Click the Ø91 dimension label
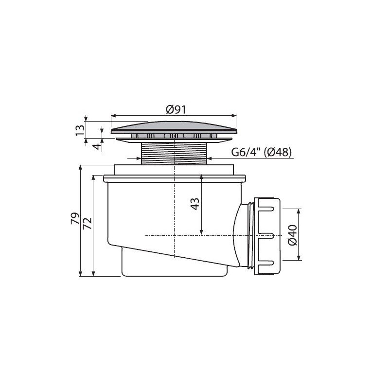[176, 109]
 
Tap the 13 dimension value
[80, 130]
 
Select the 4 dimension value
[97, 146]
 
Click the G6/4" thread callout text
[246, 152]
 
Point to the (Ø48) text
[278, 152]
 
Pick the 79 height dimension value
[75, 218]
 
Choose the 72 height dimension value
[88, 223]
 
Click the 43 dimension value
[195, 204]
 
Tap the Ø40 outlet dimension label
[293, 235]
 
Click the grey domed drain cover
[174, 127]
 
